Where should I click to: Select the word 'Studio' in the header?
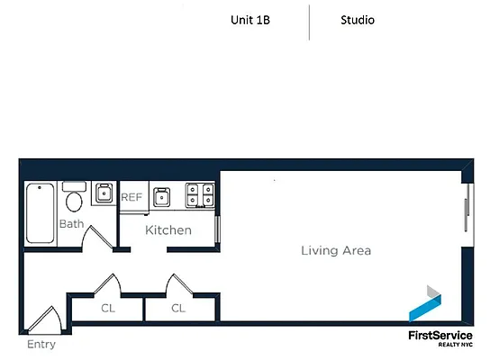tap(358, 21)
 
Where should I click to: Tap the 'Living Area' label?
tap(335, 251)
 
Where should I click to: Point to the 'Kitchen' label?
tap(168, 230)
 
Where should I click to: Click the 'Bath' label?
tap(71, 224)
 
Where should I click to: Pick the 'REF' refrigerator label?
tap(132, 197)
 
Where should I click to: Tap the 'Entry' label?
tap(41, 345)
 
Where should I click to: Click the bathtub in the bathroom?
tap(40, 213)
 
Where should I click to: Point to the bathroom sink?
tap(102, 193)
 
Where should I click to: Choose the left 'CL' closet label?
tap(108, 309)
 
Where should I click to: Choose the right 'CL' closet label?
tap(178, 309)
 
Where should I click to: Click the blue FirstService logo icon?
tap(426, 304)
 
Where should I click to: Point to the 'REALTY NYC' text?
tap(455, 346)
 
